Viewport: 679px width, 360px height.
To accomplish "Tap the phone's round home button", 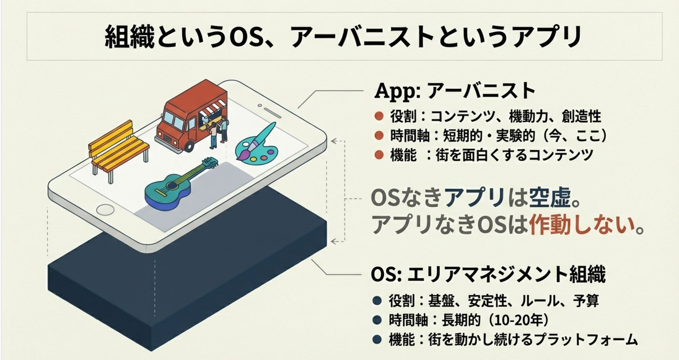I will point(105,210).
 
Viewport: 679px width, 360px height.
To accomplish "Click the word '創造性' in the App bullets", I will point(581,116).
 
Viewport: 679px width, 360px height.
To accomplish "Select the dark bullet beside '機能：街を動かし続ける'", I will point(377,340).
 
